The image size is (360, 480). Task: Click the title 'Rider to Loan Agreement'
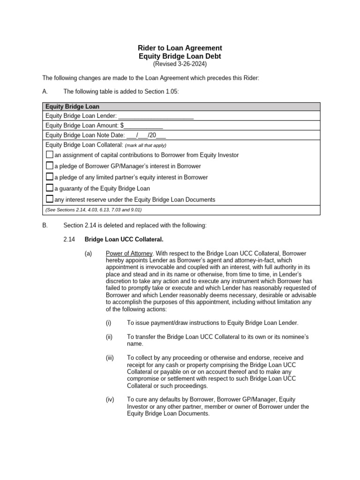point(180,48)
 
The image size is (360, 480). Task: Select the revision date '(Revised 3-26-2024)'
point(180,64)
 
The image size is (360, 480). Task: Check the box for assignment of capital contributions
point(50,155)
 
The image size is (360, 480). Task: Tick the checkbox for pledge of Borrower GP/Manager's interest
point(50,166)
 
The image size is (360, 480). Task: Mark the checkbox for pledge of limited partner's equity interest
point(50,177)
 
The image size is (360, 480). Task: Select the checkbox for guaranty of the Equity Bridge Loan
point(50,188)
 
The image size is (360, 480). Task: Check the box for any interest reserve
point(50,199)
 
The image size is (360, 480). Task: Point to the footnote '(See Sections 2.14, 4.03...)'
point(93,210)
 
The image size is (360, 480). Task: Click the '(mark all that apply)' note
point(145,145)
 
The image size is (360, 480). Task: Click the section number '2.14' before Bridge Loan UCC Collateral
point(69,240)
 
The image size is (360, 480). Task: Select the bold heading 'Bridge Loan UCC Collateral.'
point(124,240)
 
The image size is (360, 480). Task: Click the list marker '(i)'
point(109,323)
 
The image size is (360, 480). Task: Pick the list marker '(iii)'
point(110,358)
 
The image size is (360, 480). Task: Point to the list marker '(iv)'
point(110,399)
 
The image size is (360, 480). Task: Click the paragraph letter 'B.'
point(45,225)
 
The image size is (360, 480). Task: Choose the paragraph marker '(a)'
point(88,254)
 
